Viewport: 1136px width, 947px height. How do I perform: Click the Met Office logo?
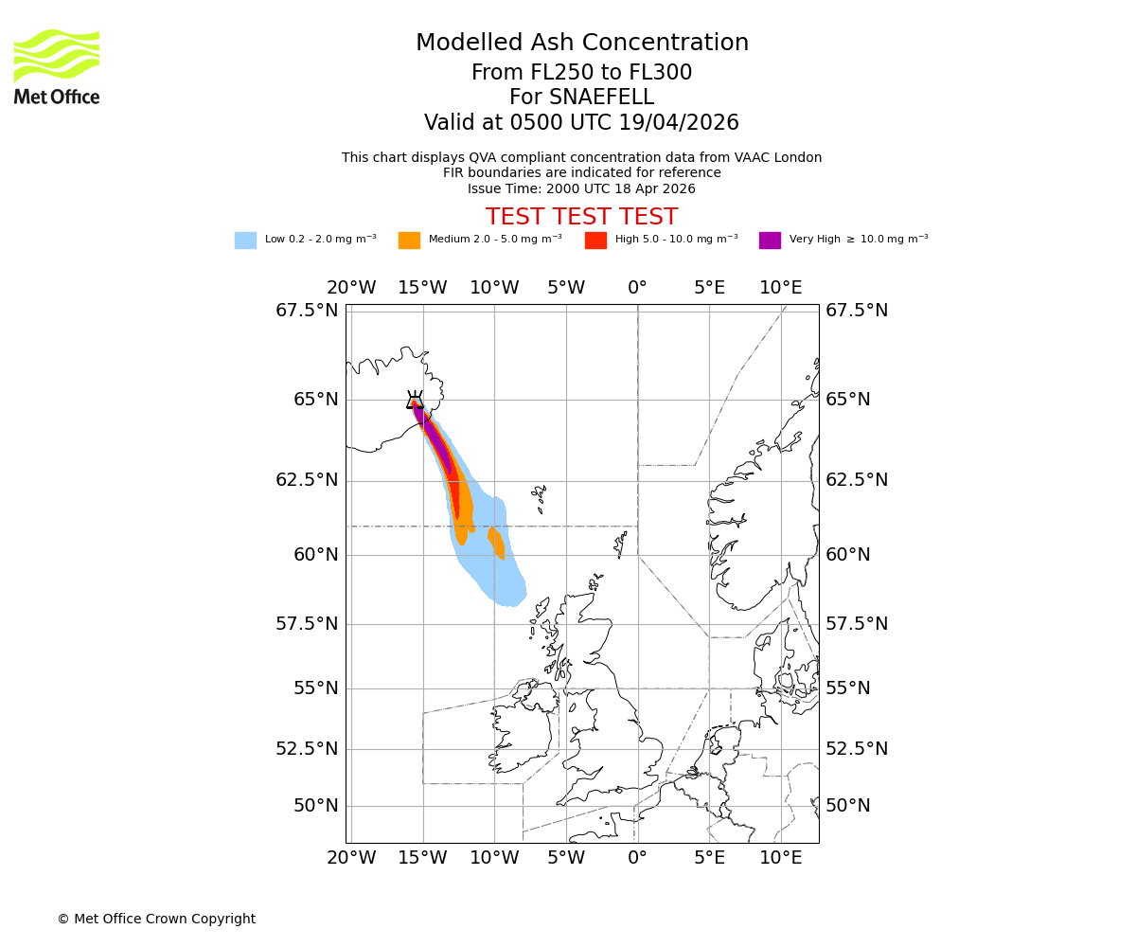click(x=57, y=66)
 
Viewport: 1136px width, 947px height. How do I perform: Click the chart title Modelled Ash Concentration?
click(x=581, y=43)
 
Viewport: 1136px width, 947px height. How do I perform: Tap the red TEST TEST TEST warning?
click(x=581, y=217)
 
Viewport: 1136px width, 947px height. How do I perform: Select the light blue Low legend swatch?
click(x=245, y=241)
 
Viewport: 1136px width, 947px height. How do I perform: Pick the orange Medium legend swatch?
click(x=409, y=241)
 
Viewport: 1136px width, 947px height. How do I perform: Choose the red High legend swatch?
click(x=595, y=241)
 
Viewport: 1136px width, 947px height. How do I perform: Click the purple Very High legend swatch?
click(x=770, y=241)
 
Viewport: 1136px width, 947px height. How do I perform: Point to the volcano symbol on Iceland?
click(x=415, y=401)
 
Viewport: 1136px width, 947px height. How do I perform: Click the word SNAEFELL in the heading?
click(x=581, y=98)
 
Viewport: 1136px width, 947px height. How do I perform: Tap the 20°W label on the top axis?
click(x=351, y=288)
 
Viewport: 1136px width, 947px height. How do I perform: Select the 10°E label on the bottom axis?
click(x=780, y=858)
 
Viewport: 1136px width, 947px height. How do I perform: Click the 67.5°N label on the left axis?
click(x=306, y=311)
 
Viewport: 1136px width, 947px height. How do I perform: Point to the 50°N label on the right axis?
click(x=847, y=806)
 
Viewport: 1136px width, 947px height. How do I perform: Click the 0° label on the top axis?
click(x=637, y=288)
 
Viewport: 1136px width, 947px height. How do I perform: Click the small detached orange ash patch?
click(x=496, y=543)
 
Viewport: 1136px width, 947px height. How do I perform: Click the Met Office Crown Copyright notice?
click(x=156, y=919)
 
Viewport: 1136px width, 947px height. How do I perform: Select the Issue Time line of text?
click(x=581, y=188)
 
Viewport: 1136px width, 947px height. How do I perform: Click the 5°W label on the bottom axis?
click(x=565, y=858)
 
